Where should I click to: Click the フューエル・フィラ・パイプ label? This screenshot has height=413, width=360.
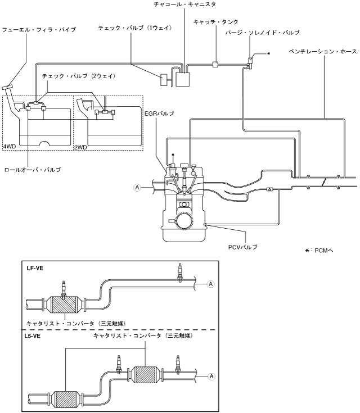click(x=39, y=30)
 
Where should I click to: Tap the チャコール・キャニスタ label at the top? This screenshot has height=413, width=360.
click(x=184, y=4)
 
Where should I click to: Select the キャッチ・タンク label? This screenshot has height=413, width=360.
click(x=216, y=22)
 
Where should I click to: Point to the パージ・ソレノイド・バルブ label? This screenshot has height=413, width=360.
click(x=263, y=33)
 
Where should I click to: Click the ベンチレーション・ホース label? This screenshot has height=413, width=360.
click(x=323, y=51)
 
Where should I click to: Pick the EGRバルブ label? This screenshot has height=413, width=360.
click(x=159, y=114)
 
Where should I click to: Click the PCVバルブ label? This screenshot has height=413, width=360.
click(x=242, y=247)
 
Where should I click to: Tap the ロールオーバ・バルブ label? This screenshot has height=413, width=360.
click(x=33, y=170)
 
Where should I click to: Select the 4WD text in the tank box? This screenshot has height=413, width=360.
click(x=10, y=147)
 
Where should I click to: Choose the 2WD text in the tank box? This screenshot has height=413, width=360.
click(x=80, y=147)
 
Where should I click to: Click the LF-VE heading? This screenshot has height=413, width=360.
click(x=34, y=269)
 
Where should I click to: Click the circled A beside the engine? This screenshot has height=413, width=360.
click(x=137, y=188)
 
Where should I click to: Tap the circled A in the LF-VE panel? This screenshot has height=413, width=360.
click(x=211, y=284)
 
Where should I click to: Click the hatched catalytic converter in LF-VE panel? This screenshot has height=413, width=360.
click(x=64, y=305)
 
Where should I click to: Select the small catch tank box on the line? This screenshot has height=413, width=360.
click(x=215, y=64)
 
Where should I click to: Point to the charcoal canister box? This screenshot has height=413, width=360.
click(x=183, y=79)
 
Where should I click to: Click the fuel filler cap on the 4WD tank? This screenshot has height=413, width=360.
click(x=7, y=87)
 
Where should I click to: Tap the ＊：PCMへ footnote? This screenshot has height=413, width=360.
click(x=319, y=250)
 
